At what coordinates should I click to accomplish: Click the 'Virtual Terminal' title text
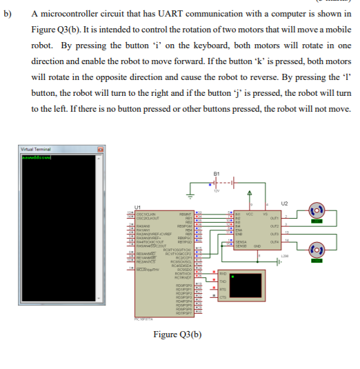tap(36, 148)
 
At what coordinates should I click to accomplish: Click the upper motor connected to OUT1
tap(319, 208)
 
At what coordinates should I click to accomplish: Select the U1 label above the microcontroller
tap(137, 206)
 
